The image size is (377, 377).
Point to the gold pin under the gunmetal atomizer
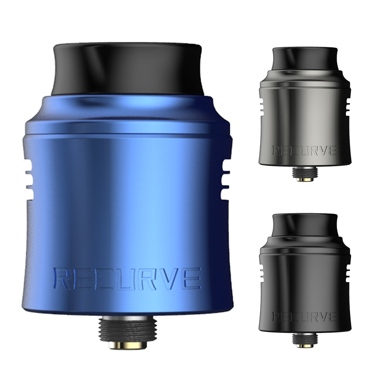coord(305,179)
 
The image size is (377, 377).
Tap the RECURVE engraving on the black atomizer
coord(305,317)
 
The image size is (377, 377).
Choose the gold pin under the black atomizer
coord(305,345)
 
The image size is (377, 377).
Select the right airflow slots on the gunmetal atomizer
coord(349,107)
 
